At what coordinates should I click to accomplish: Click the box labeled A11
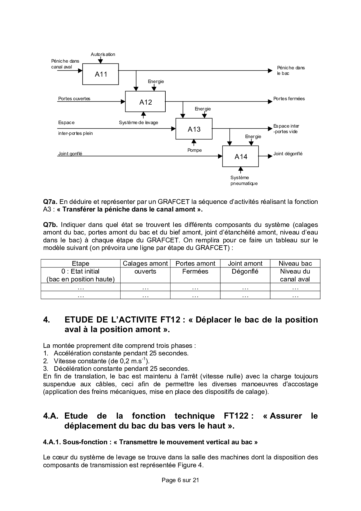[x=101, y=74]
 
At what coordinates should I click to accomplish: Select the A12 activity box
[x=145, y=102]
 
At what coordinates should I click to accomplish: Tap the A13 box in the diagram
[x=194, y=129]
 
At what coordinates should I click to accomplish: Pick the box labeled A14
[x=240, y=156]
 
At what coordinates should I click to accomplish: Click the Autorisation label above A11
[x=103, y=54]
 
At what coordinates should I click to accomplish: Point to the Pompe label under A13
[x=194, y=150]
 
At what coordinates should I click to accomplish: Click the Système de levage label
[x=138, y=123]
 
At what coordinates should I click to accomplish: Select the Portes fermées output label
[x=289, y=98]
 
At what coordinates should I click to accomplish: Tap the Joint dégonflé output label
[x=288, y=154]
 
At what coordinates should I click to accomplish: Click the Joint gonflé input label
[x=70, y=154]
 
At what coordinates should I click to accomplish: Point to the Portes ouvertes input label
[x=74, y=98]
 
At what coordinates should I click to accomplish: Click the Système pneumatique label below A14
[x=244, y=181]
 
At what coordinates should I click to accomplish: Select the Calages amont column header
[x=145, y=263]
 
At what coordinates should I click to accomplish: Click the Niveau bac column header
[x=295, y=263]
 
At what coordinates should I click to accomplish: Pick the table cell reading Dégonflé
[x=245, y=271]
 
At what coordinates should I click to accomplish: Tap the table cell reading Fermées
[x=195, y=271]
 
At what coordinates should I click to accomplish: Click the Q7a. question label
[x=50, y=202]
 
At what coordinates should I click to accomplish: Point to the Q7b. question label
[x=51, y=225]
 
